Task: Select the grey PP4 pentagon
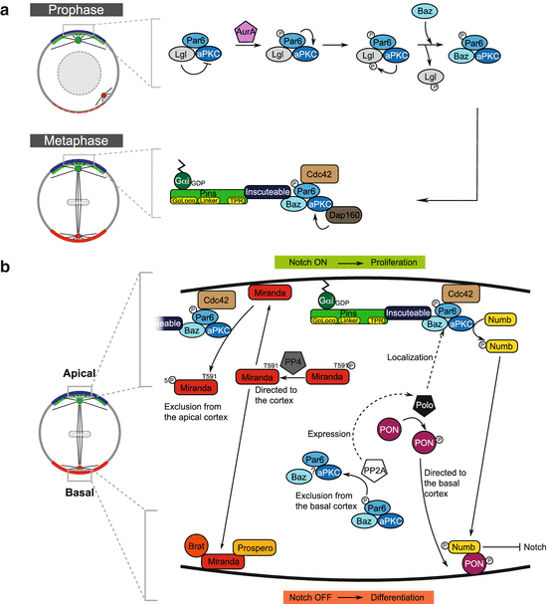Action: [x=291, y=358]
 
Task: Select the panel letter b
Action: [x=8, y=269]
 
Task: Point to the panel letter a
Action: [x=8, y=12]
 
